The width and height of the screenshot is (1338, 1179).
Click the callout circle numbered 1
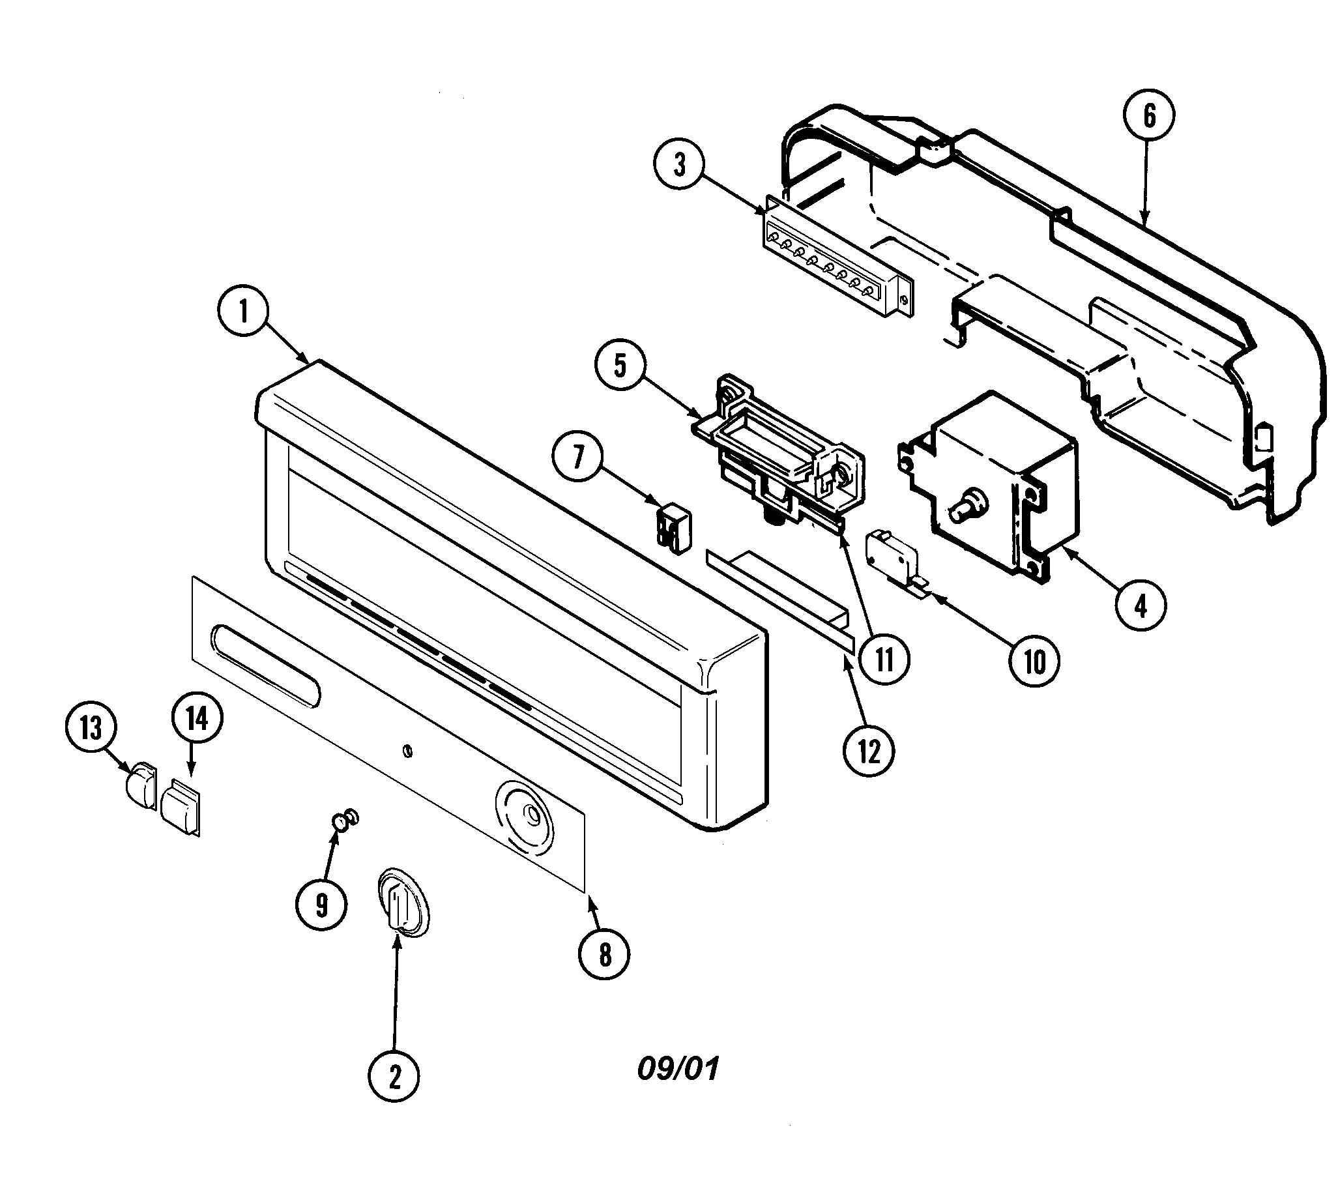[x=244, y=310]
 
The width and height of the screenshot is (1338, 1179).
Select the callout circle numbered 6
[x=1149, y=115]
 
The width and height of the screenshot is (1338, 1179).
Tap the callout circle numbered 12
[x=869, y=752]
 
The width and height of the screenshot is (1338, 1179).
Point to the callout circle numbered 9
[x=321, y=905]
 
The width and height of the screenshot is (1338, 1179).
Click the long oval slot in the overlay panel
[x=265, y=666]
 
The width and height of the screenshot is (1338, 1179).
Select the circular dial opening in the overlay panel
[x=525, y=818]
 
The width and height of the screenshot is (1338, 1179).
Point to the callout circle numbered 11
[x=884, y=660]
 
